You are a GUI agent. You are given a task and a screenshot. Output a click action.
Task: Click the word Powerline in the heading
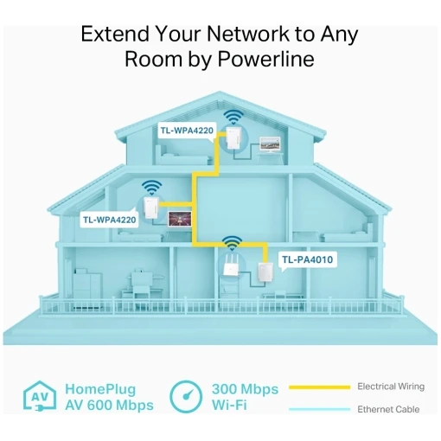click(x=265, y=59)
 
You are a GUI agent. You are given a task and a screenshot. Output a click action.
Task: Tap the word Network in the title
click(x=248, y=34)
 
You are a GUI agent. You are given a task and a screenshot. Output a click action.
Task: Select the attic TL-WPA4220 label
click(x=187, y=131)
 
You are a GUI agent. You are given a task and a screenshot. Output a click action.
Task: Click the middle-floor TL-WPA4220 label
click(x=109, y=220)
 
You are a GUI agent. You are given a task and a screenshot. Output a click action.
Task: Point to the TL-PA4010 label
click(x=308, y=259)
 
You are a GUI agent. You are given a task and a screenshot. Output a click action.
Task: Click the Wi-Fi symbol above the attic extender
click(x=233, y=117)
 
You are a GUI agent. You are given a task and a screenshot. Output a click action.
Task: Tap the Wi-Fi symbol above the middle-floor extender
click(x=151, y=188)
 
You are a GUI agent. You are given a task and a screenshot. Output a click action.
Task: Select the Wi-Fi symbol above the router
click(x=232, y=243)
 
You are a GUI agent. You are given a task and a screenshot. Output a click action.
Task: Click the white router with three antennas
click(x=231, y=265)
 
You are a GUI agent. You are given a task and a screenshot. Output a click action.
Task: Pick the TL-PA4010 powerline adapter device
click(x=265, y=272)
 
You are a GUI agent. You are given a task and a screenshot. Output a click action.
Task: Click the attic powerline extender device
click(x=233, y=137)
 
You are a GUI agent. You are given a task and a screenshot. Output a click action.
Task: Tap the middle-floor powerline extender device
click(x=151, y=208)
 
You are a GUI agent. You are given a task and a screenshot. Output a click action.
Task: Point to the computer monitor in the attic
click(x=270, y=144)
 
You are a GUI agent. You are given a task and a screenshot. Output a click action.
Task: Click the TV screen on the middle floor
click(x=180, y=219)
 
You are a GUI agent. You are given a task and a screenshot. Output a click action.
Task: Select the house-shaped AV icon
click(x=40, y=396)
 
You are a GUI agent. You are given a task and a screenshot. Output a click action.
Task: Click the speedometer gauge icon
click(x=186, y=397)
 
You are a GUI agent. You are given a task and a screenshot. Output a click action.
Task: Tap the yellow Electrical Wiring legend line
click(x=319, y=387)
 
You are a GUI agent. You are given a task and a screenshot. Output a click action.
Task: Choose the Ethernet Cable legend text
click(x=388, y=409)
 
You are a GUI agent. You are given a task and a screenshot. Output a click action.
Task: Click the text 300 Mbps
click(x=246, y=389)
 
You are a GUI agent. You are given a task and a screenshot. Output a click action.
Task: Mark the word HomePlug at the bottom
click(x=100, y=389)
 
